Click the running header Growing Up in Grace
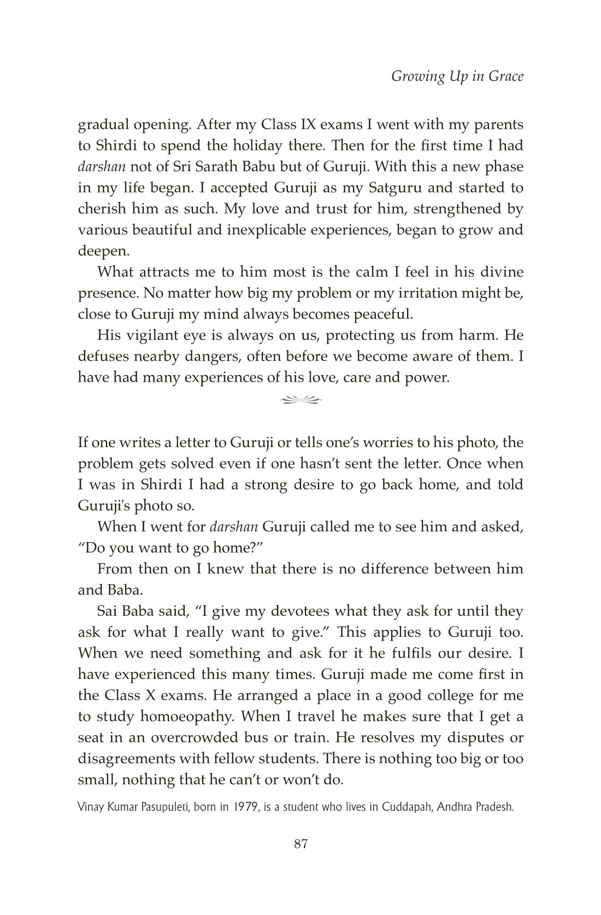457,76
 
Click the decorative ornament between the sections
301,400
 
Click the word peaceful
380,314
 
